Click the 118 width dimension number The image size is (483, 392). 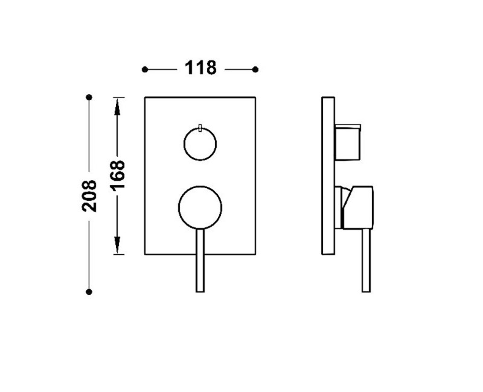(200, 68)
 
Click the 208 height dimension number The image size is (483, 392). (89, 195)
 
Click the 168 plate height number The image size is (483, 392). (118, 175)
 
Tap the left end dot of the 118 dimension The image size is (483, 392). (144, 69)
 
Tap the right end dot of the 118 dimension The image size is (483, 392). (255, 69)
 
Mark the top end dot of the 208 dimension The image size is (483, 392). (89, 97)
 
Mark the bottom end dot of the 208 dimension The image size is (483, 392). (89, 292)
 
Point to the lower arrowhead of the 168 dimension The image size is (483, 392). (118, 247)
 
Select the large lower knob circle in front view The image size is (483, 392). (200, 207)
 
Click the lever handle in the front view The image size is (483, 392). (200, 259)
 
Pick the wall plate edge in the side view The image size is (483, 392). (328, 175)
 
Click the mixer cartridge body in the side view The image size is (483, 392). (356, 207)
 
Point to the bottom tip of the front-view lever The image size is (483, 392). (200, 291)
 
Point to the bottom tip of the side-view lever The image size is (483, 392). (366, 291)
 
